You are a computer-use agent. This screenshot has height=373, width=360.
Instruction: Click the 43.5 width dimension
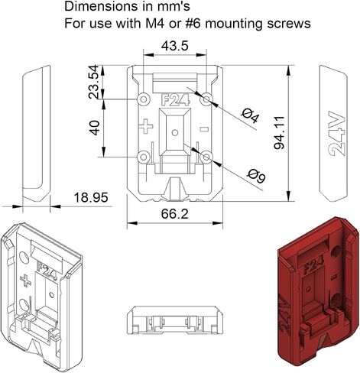click(175, 46)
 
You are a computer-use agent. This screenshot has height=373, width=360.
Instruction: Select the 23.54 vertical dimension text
click(93, 82)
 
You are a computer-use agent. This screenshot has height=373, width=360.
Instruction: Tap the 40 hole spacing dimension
click(94, 128)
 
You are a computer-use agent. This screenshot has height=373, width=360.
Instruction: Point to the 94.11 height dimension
click(279, 132)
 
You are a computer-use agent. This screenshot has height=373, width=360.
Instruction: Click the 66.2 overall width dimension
click(175, 213)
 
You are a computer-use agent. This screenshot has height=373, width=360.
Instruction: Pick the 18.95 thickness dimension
click(91, 197)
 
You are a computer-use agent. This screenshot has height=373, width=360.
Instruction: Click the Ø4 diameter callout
click(250, 116)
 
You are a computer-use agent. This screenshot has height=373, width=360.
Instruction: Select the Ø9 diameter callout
click(257, 176)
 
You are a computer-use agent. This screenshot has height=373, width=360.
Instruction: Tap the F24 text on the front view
click(176, 100)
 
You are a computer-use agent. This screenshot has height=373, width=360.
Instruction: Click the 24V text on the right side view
click(337, 133)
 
